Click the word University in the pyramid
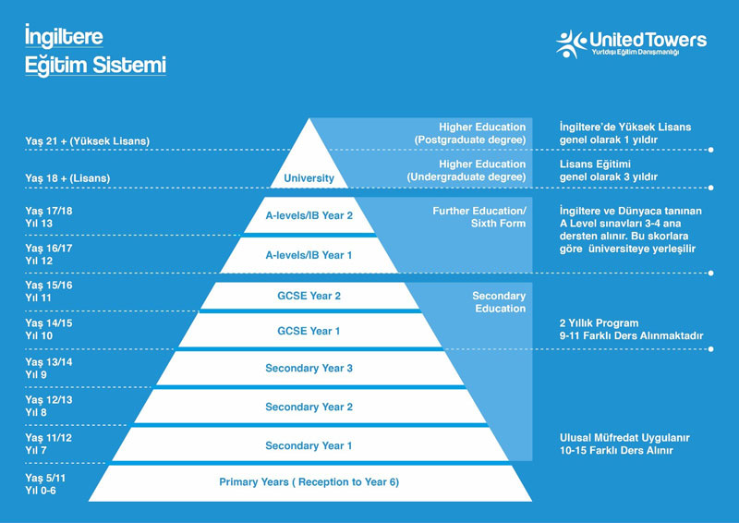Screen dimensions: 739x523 309,178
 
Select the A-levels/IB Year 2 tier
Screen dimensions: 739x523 309,215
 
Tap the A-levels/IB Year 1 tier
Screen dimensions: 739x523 309,255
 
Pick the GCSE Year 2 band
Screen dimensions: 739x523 309,296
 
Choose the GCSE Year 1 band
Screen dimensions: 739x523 309,331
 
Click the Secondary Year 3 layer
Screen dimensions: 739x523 309,369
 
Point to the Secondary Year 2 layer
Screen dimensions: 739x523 309,407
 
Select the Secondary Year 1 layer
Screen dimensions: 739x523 309,445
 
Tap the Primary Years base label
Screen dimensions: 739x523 309,482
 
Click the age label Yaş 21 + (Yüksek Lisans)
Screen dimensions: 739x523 87,141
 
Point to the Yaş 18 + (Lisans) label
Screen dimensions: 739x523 67,178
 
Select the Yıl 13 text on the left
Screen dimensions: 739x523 39,224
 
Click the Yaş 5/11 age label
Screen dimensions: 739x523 45,479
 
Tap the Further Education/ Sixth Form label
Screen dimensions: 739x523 479,217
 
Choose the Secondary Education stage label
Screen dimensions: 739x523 499,302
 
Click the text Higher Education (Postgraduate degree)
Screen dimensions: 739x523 470,133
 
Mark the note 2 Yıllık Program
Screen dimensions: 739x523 599,323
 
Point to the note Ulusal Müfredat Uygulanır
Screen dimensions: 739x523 624,438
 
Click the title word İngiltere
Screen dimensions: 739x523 64,36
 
